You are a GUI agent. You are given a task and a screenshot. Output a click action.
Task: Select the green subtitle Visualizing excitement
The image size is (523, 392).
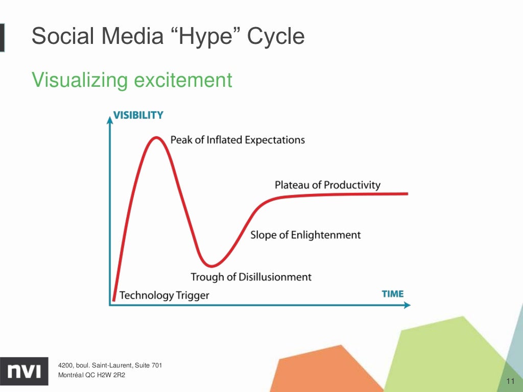pos(132,80)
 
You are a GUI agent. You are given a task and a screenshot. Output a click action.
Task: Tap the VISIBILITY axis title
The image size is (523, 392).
pos(138,115)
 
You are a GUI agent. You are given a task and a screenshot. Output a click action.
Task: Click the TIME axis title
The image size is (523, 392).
pos(392,294)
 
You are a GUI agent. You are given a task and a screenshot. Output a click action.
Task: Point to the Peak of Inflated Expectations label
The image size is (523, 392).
pos(237,140)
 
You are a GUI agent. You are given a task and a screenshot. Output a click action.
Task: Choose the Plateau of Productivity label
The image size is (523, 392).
pos(327,185)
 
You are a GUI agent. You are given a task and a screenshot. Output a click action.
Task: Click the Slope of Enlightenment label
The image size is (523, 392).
pos(305,235)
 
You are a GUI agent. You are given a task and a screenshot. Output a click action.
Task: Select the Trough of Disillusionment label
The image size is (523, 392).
pos(251,277)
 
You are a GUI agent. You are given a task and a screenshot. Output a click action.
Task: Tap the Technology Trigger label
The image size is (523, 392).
pos(164,296)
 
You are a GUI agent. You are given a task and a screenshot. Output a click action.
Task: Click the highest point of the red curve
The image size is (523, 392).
pos(155,138)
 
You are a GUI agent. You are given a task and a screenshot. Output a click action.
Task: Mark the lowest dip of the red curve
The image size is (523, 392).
pos(211,265)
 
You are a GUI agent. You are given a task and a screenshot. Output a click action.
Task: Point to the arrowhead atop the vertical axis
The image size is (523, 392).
pos(109,119)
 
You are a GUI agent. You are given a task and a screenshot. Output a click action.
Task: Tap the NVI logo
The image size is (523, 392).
pos(24,369)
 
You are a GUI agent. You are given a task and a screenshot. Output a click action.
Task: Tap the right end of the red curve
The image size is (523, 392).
pos(407,193)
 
